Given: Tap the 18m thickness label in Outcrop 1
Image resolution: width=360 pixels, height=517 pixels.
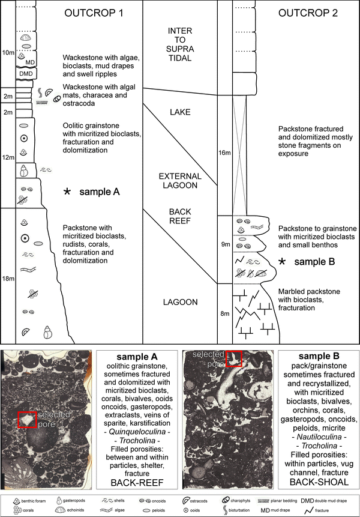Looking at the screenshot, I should coord(8,278).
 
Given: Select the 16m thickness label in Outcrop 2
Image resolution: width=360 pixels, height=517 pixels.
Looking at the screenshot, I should coord(224,153).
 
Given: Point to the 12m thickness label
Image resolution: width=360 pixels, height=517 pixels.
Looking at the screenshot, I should coord(8,157).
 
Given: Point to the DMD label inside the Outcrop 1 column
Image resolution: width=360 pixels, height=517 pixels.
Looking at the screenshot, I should coord(25,73).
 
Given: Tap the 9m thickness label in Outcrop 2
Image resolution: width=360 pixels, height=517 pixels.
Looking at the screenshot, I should coord(224,244).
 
